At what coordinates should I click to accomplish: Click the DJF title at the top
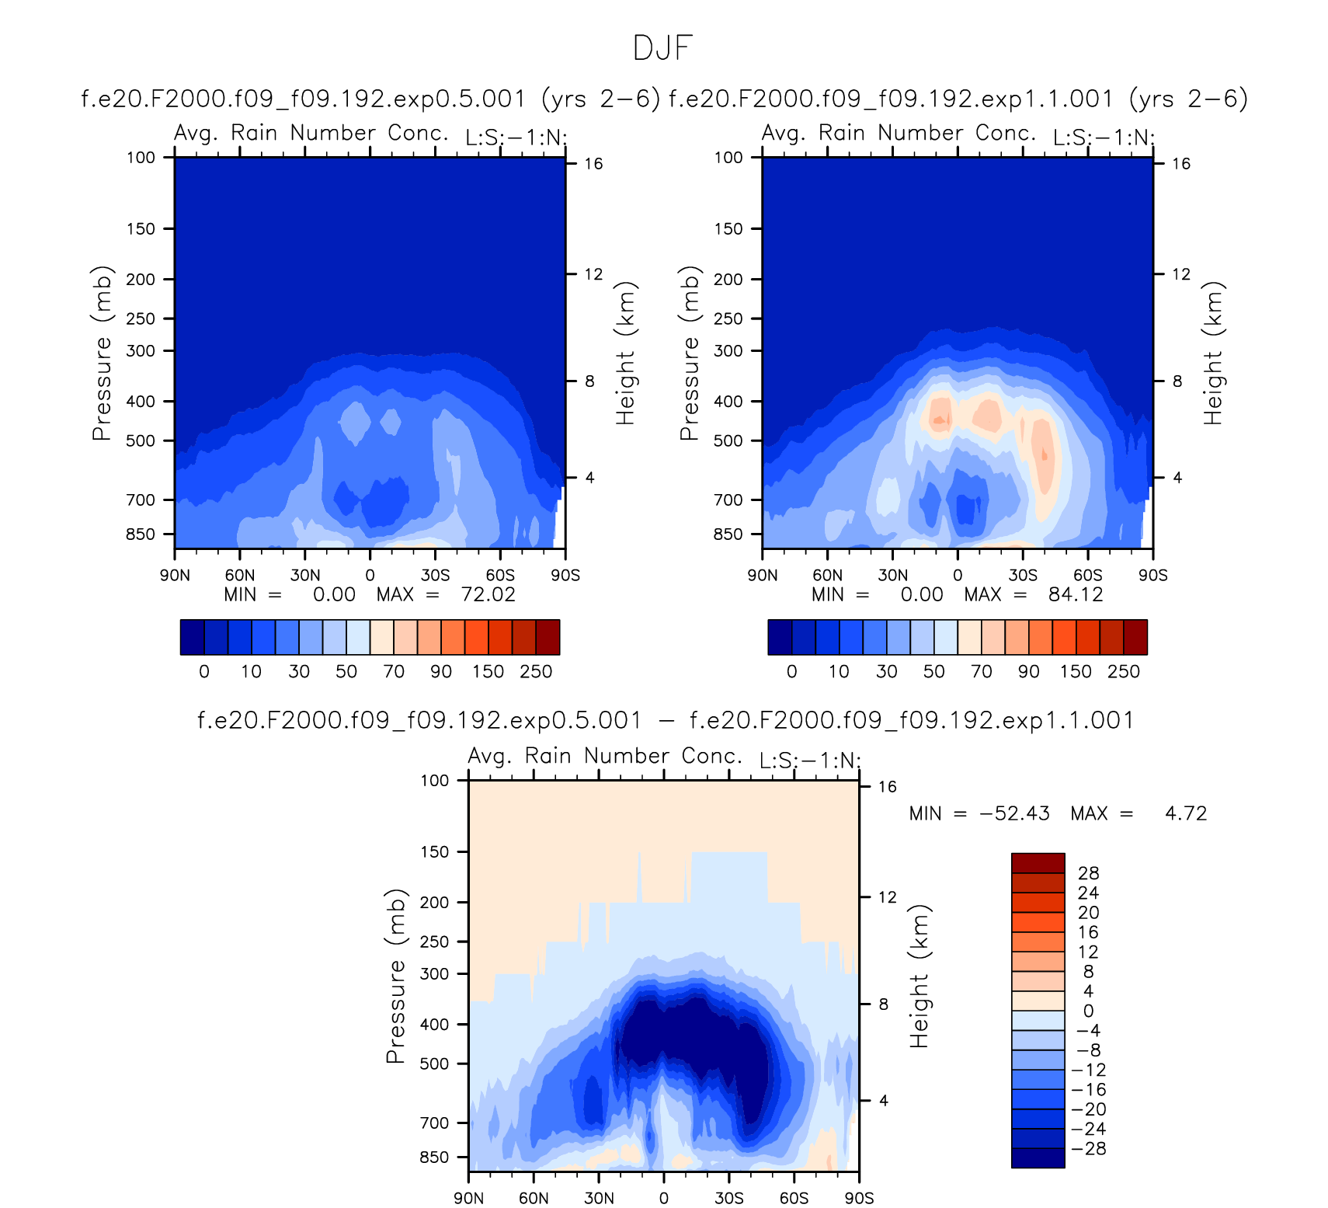(662, 48)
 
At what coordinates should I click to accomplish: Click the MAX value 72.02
(488, 595)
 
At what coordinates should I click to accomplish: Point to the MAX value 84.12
(1076, 595)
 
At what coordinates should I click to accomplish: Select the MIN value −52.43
(1014, 813)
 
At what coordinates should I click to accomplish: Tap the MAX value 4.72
(1186, 813)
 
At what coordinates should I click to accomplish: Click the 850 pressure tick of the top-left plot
(141, 534)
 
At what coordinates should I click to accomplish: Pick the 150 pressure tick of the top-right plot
(728, 229)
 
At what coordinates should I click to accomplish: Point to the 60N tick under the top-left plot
(240, 576)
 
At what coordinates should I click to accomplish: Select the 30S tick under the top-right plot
(1023, 576)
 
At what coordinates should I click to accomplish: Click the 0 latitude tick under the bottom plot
(663, 1198)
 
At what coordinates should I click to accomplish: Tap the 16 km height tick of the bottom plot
(888, 787)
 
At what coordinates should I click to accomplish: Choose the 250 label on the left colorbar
(536, 672)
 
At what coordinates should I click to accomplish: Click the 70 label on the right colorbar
(982, 672)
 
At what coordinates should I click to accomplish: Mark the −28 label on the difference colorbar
(1088, 1149)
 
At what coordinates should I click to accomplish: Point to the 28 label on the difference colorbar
(1089, 873)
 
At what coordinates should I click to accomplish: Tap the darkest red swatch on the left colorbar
(548, 637)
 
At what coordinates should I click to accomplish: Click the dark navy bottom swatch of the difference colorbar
(1038, 1158)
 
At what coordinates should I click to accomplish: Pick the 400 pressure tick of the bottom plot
(435, 1025)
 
